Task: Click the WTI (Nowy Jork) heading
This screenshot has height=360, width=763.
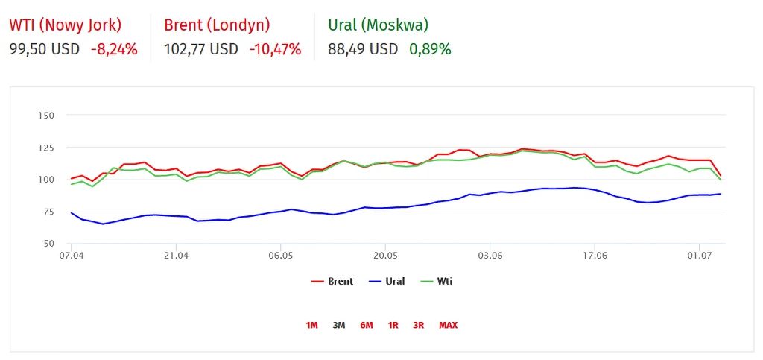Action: pyautogui.click(x=66, y=25)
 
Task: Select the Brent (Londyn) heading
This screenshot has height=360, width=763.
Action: pyautogui.click(x=217, y=25)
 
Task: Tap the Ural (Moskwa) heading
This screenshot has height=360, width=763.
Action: pyautogui.click(x=378, y=25)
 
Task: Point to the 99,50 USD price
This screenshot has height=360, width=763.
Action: pyautogui.click(x=44, y=50)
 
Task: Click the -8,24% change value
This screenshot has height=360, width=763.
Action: pyautogui.click(x=114, y=50)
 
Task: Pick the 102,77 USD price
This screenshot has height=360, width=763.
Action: pyautogui.click(x=200, y=50)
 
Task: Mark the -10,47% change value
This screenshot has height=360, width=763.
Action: pyautogui.click(x=275, y=50)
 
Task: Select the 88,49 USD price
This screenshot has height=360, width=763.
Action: pyautogui.click(x=363, y=50)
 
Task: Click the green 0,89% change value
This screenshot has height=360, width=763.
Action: pyautogui.click(x=430, y=50)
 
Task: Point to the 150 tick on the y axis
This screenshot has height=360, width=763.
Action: pyautogui.click(x=46, y=116)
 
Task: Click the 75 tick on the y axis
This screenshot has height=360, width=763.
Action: pyautogui.click(x=48, y=212)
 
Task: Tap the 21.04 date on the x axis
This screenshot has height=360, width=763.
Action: pyautogui.click(x=176, y=256)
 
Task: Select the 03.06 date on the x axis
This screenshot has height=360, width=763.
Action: pyautogui.click(x=490, y=256)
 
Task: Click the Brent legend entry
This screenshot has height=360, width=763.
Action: pyautogui.click(x=332, y=282)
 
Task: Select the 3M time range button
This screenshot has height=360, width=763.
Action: pyautogui.click(x=339, y=325)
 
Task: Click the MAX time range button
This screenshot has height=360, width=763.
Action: pyautogui.click(x=449, y=325)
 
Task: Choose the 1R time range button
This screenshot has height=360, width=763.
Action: pyautogui.click(x=393, y=325)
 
